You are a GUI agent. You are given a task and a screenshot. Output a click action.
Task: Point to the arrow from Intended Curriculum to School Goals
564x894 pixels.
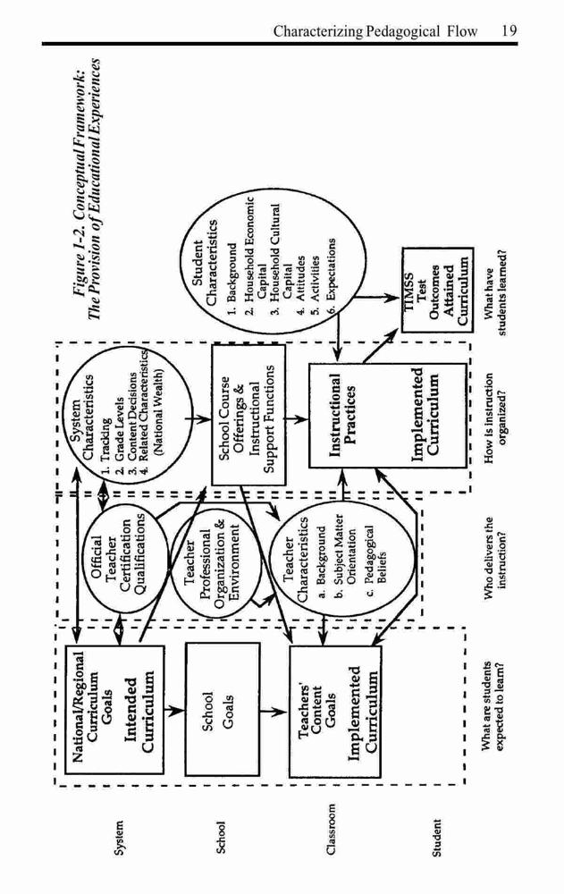click(174, 711)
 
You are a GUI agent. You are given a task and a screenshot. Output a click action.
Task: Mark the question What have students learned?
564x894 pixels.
click(495, 291)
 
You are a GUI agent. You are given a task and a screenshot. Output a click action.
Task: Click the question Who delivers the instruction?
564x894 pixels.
click(495, 558)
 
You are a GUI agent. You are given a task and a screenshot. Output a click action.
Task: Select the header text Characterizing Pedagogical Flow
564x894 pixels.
click(375, 30)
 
